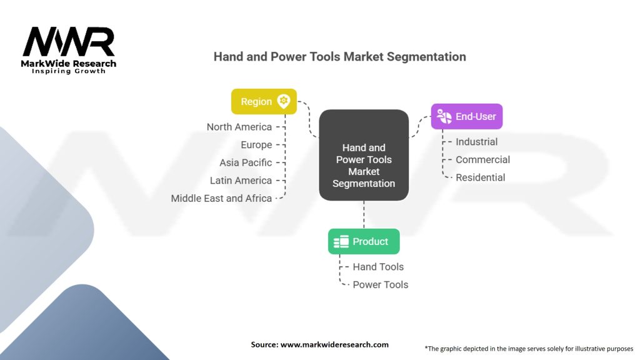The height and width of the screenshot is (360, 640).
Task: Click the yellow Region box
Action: point(264,101)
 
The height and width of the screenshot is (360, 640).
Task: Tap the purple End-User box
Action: point(466,116)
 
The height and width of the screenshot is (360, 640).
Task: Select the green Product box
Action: point(364,241)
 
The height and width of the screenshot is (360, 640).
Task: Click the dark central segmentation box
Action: point(364,155)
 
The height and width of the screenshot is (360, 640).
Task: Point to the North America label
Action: point(239,127)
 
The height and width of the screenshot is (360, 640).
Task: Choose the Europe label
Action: point(256,145)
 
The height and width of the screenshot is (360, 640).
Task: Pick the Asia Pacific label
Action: point(246,162)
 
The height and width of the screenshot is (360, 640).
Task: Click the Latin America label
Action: point(241,181)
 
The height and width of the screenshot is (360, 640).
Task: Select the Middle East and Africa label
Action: point(221,198)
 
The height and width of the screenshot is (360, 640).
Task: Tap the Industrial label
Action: point(477,142)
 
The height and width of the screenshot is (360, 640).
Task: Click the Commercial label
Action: point(483,159)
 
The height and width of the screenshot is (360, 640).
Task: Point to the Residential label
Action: point(481,177)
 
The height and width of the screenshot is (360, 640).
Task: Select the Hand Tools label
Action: point(378,266)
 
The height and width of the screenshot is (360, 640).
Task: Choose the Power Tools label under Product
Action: point(381,284)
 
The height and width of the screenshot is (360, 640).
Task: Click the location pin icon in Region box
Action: point(284,101)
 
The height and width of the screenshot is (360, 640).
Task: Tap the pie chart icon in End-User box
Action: point(444,116)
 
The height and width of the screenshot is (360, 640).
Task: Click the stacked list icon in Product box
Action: point(341,242)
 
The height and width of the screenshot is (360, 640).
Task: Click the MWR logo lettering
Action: point(69,42)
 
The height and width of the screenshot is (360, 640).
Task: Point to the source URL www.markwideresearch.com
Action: point(334,344)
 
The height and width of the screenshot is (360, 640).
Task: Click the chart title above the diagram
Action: point(339,57)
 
